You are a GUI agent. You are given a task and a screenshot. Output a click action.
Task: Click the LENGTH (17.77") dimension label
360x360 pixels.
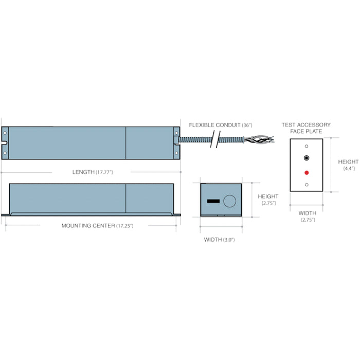point(91,172)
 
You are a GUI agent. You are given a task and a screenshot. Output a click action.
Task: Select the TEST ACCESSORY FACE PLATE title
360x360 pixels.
point(306,128)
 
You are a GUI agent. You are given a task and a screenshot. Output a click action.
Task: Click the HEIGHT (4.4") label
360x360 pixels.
point(348,165)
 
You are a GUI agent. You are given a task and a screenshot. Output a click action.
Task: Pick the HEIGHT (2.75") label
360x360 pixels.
point(268,200)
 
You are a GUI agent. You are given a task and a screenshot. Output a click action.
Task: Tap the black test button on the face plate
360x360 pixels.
point(307,158)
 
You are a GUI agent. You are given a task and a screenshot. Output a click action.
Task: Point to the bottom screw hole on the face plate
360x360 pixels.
point(307,184)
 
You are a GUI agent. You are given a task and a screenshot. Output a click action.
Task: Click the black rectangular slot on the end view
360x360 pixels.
point(213,200)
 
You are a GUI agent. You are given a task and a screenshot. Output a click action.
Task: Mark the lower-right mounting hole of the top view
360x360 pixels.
point(176,153)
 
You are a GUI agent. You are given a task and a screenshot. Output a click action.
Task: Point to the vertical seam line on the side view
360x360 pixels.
point(126,197)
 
